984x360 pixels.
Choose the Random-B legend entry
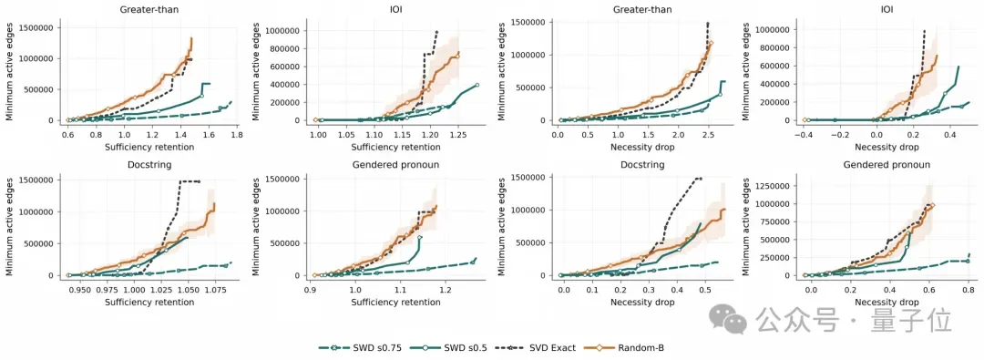[x=616, y=347]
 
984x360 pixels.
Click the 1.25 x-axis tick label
[x=458, y=134]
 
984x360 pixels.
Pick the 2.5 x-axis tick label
[x=707, y=134]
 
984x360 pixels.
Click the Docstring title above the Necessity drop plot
[x=641, y=165]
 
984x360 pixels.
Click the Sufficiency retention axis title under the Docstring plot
[x=149, y=303]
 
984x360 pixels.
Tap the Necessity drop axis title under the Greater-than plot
[x=641, y=147]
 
